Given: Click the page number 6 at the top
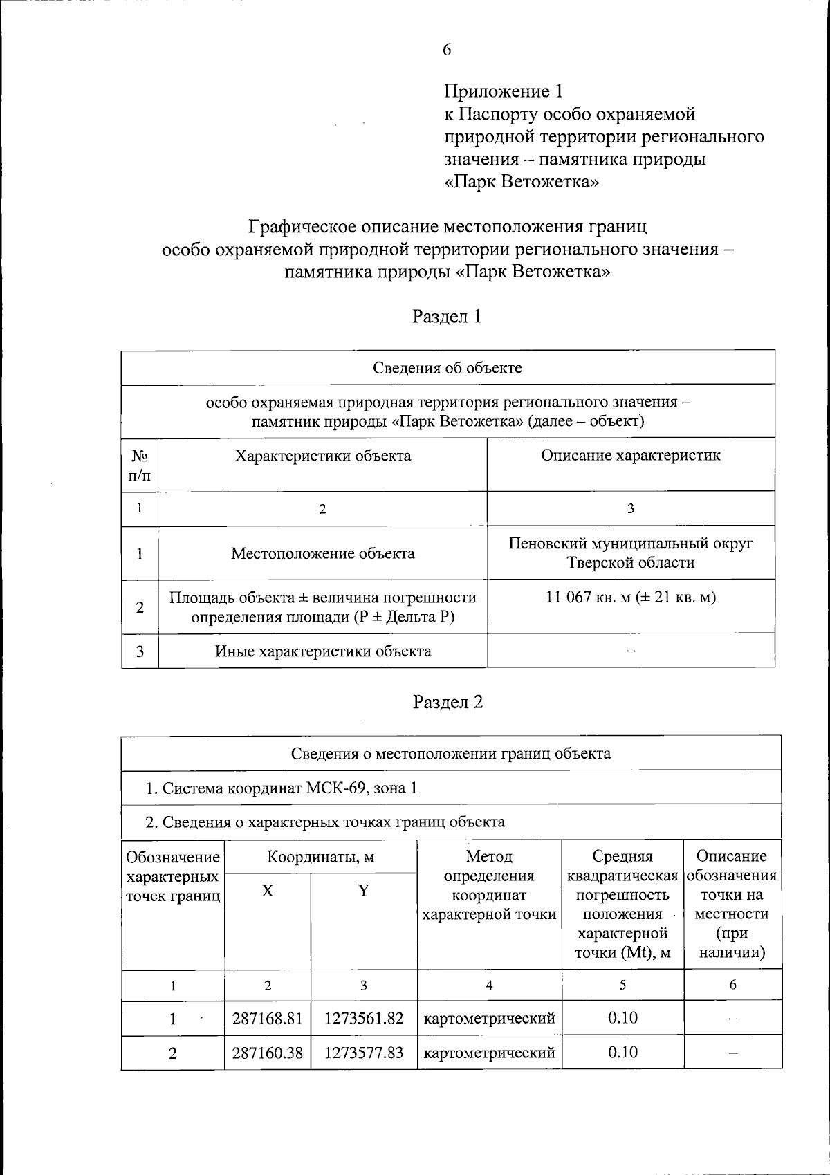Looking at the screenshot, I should tap(447, 49).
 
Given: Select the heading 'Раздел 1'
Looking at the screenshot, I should tap(447, 317).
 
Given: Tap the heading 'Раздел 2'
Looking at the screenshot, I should tap(448, 702).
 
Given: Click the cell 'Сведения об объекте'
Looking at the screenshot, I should tap(448, 367).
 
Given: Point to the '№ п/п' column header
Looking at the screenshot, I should tap(140, 464).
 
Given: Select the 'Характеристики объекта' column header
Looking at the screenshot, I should tap(323, 456).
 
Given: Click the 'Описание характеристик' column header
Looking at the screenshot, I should tap(630, 456).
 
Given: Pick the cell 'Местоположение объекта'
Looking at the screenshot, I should tap(323, 553).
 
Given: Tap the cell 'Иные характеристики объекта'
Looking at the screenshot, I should tap(323, 651).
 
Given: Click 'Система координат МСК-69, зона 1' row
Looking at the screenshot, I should tap(282, 788).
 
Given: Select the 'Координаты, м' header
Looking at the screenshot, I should tap(321, 857).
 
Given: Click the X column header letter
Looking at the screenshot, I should tap(268, 891).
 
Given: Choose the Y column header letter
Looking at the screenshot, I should tap(363, 891).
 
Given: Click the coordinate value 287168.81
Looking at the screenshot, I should tap(268, 1018).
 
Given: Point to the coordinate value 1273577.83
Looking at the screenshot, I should tap(364, 1053).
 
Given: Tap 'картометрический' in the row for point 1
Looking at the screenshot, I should tap(489, 1018).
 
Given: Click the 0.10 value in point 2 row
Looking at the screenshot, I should tap(622, 1053).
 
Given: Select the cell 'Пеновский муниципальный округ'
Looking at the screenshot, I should tap(630, 544).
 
